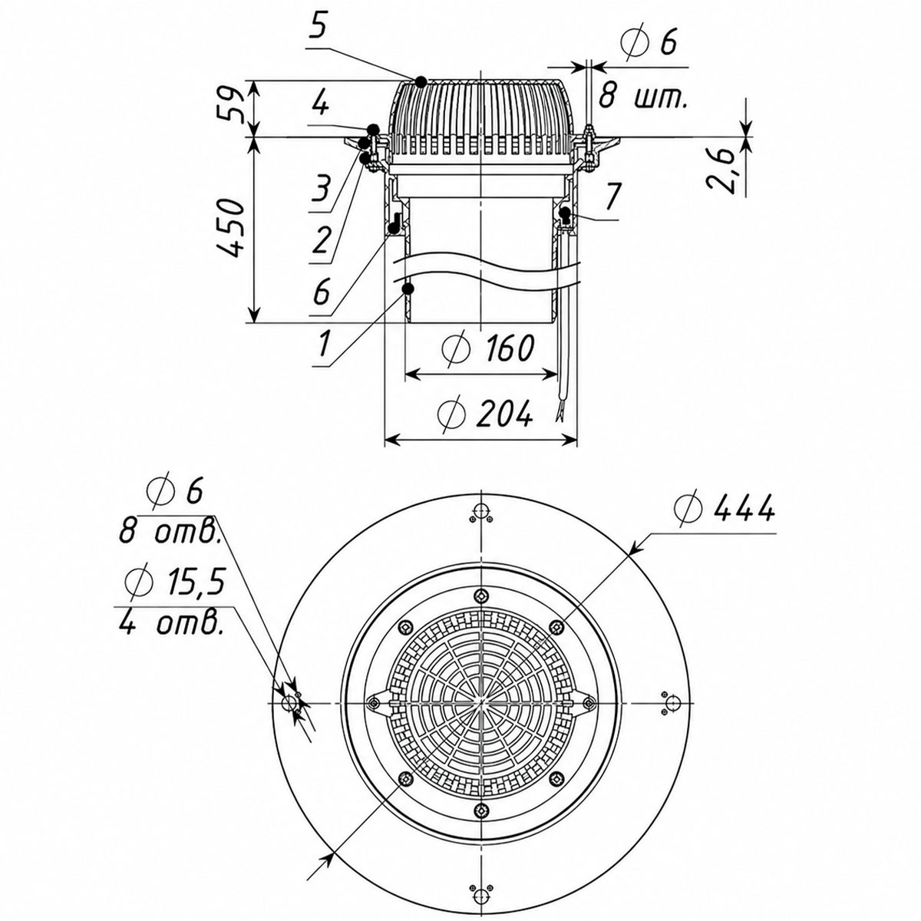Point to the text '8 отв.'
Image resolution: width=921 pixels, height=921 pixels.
[170, 531]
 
